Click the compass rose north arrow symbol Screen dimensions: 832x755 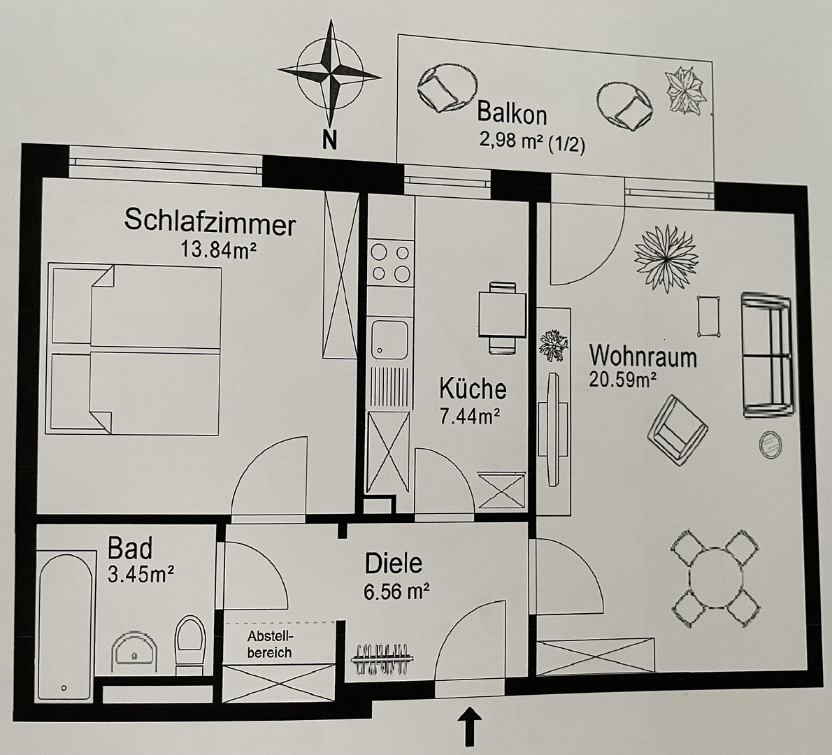[x=330, y=73]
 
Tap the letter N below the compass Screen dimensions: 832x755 [x=330, y=140]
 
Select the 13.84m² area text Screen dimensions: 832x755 [x=219, y=249]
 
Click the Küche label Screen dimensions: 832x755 [x=473, y=389]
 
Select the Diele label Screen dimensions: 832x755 [x=394, y=563]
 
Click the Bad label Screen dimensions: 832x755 [x=130, y=549]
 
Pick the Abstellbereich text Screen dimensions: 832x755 [x=270, y=644]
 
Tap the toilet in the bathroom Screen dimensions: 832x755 [x=190, y=644]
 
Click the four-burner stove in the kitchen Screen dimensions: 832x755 [x=391, y=263]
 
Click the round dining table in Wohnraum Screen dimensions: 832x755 [x=715, y=578]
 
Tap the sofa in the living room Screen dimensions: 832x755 [x=767, y=354]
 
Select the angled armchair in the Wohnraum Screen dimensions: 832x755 [x=677, y=430]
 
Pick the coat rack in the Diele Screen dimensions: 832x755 [x=382, y=659]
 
